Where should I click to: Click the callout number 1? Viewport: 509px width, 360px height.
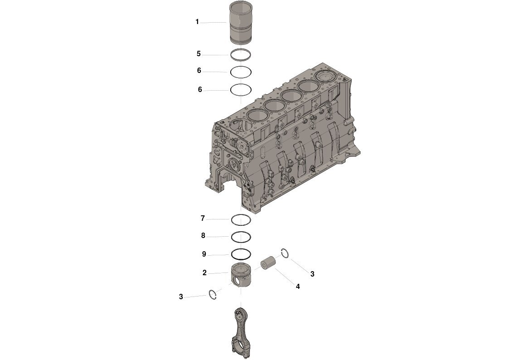[197, 22]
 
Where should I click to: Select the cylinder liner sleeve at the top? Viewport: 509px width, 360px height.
[241, 23]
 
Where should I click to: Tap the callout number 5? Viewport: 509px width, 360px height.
[199, 54]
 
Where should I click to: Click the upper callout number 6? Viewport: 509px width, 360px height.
[199, 70]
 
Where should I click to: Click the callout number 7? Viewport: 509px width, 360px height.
[203, 219]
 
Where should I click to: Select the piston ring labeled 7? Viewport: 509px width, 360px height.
[241, 215]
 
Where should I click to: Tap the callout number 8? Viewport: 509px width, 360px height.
[203, 236]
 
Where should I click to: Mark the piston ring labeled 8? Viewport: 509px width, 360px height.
[241, 232]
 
